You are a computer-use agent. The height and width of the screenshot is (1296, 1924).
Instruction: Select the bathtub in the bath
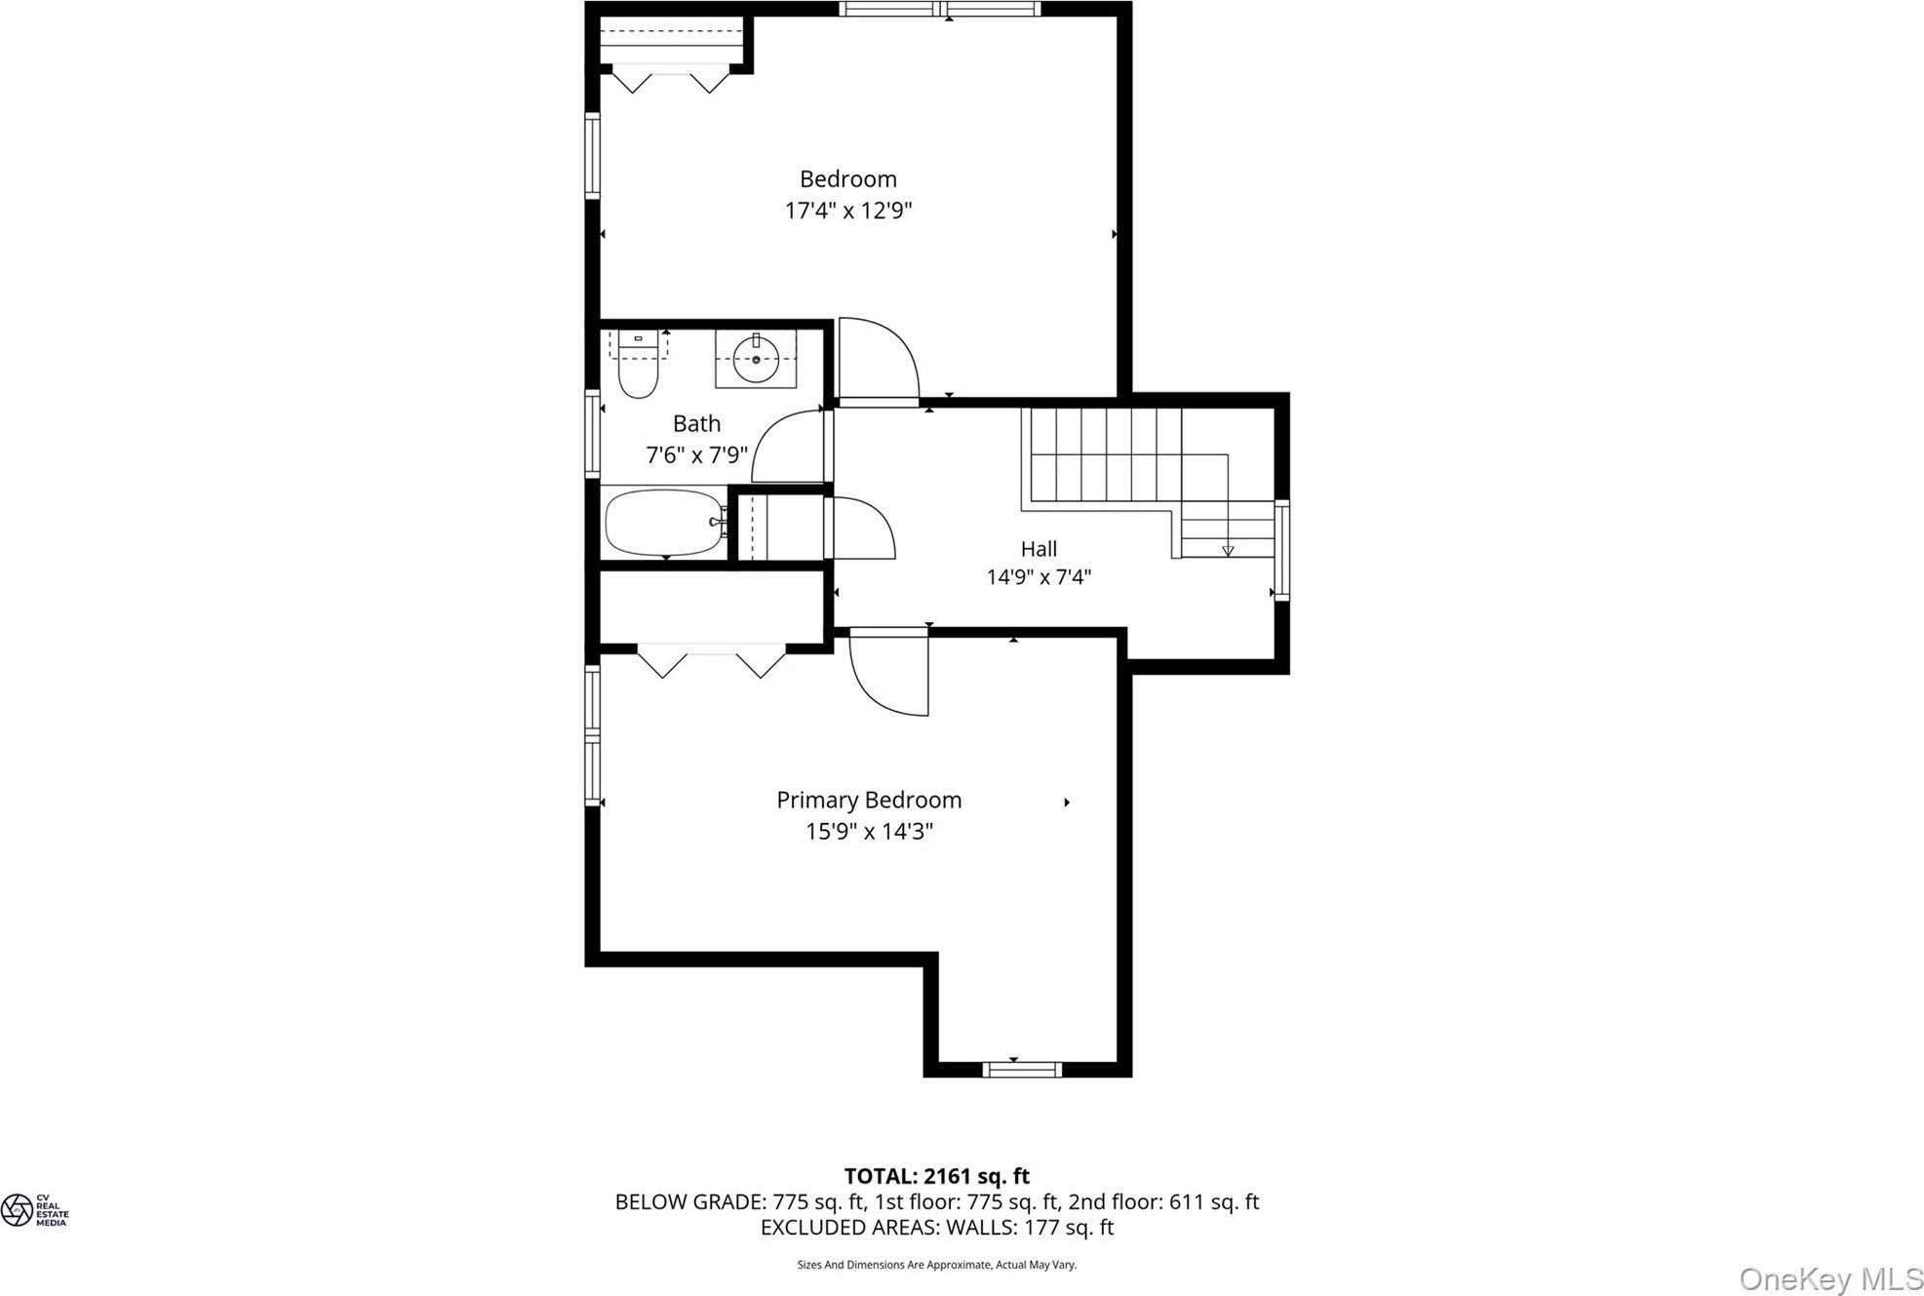click(666, 522)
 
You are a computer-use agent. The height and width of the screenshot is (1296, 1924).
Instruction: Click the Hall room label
click(1039, 549)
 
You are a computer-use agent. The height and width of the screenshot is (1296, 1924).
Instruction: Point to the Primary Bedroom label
click(869, 801)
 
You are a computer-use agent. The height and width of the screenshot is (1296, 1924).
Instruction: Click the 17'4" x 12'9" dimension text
click(848, 211)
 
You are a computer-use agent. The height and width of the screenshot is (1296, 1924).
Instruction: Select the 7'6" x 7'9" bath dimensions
click(696, 454)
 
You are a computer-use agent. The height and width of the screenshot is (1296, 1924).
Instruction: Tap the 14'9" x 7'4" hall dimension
click(1039, 577)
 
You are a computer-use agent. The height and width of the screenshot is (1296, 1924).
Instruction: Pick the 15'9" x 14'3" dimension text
click(869, 832)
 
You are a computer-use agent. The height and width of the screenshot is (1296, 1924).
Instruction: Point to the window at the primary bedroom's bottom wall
click(1022, 1070)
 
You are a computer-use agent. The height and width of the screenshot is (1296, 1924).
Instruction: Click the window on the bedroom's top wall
click(940, 9)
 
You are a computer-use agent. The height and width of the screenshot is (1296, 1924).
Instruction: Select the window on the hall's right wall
click(1282, 550)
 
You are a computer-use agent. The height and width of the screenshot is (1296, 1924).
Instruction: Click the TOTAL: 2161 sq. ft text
click(936, 1176)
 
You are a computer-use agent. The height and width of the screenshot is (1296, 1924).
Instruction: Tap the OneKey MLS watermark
click(1831, 1278)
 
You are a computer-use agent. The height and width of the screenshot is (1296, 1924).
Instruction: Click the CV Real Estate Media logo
click(34, 1210)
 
